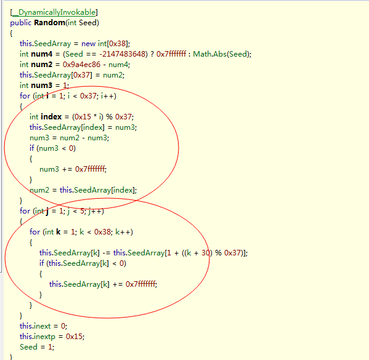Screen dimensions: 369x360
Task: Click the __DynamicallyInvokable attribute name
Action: [54, 12]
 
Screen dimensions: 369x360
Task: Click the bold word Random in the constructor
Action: [50, 23]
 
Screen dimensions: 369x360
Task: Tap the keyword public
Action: [21, 23]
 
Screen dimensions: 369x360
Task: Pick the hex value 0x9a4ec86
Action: [81, 65]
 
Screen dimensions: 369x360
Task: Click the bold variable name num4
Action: [42, 54]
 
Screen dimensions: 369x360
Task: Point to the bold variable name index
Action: [51, 117]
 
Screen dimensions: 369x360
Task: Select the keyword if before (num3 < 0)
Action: [32, 148]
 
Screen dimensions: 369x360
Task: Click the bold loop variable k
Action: [59, 232]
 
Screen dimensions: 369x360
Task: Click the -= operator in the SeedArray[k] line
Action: [107, 253]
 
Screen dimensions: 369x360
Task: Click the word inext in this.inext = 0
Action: [42, 326]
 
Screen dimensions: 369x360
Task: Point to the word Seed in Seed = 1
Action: [28, 347]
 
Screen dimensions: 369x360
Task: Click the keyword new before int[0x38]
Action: [88, 44]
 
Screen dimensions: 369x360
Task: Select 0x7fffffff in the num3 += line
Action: [90, 169]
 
